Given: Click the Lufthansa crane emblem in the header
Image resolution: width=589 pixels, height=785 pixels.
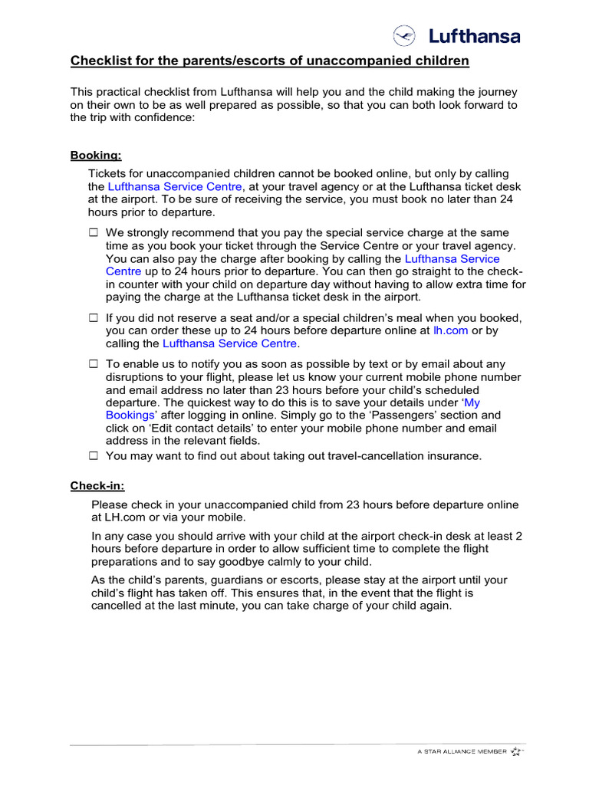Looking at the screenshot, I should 404,36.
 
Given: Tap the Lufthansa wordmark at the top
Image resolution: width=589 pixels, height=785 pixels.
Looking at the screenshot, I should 474,36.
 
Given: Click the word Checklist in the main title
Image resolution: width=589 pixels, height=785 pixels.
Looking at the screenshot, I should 100,60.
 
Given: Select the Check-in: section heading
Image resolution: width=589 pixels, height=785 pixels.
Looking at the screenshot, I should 97,486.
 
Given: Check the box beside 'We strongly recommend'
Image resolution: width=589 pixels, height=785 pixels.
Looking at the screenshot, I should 94,232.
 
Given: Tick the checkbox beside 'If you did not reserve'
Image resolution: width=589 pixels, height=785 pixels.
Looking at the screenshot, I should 94,317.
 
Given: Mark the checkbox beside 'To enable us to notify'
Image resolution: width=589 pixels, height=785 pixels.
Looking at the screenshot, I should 94,364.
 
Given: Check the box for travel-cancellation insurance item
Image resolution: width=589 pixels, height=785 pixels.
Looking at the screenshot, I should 94,455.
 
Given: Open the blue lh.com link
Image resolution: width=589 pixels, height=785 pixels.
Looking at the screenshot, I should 450,330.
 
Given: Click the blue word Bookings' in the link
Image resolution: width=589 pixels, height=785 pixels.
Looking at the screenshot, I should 131,415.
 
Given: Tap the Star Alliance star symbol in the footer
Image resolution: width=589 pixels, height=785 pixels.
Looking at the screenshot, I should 516,751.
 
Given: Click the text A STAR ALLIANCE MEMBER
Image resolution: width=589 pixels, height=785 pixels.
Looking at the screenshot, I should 461,752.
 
